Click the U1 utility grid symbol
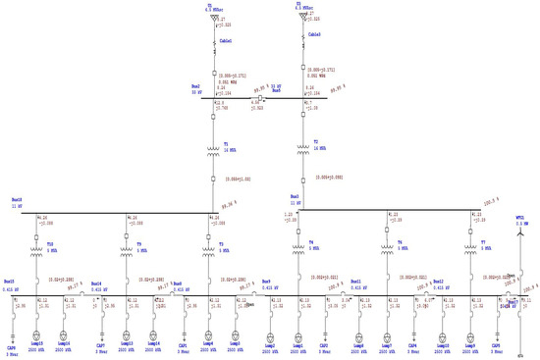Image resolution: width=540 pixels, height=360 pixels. pos(213,18)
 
